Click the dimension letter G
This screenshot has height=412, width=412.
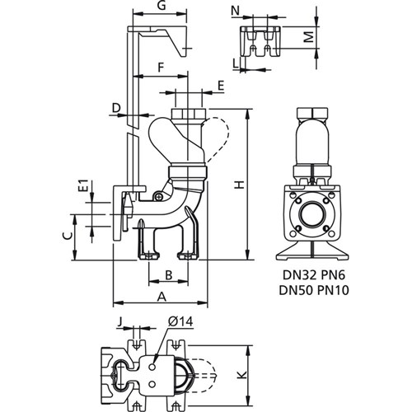tap(162, 7)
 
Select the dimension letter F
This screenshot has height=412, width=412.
tap(162, 65)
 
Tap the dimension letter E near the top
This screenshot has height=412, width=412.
tap(221, 85)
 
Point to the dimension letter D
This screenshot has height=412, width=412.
tap(116, 108)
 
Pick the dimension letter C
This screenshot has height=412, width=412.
tap(66, 236)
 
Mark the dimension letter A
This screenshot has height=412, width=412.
tap(161, 295)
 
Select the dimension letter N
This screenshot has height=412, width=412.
tap(236, 11)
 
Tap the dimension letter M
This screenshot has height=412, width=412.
tap(304, 38)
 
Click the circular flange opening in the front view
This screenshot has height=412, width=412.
tap(313, 216)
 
